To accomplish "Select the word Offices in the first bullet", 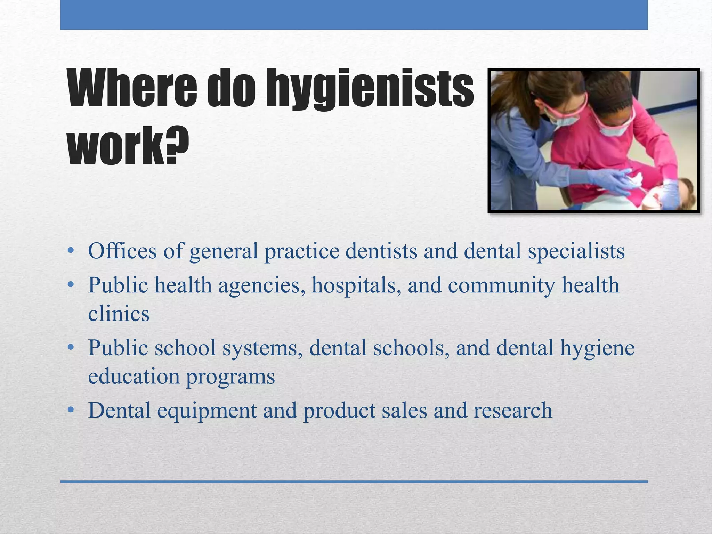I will click(x=122, y=251).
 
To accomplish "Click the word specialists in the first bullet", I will click(x=576, y=251).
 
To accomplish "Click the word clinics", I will click(x=119, y=314).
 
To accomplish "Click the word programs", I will click(x=230, y=377).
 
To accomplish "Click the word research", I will click(x=512, y=410).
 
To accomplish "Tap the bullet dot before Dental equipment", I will click(x=71, y=410).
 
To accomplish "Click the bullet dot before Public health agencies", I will click(x=71, y=285).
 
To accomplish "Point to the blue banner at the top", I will click(x=354, y=15).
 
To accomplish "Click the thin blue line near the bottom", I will click(x=354, y=482).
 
